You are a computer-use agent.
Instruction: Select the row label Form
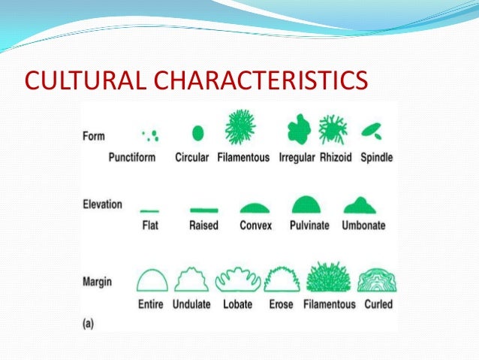(93, 137)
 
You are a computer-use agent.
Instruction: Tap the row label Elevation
(102, 204)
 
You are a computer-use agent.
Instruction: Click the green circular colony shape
(198, 133)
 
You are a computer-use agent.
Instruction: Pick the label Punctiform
(133, 158)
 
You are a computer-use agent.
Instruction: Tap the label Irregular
(296, 158)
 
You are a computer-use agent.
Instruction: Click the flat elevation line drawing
(149, 211)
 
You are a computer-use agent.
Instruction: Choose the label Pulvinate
(309, 225)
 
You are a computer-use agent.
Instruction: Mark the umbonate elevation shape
(360, 205)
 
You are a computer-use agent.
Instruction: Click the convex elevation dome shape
(255, 207)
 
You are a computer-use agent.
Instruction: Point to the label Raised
(203, 225)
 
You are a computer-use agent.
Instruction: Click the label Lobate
(237, 304)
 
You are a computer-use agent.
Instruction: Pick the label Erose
(282, 304)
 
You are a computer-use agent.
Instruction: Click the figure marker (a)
(89, 323)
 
